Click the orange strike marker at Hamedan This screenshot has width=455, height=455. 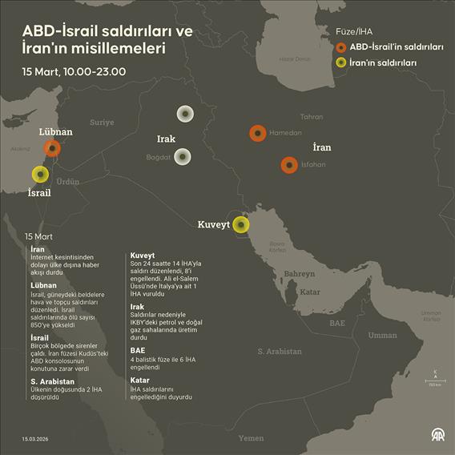coord(257,133)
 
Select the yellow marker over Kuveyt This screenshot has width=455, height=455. coord(240,224)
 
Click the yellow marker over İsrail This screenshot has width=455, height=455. coord(39,174)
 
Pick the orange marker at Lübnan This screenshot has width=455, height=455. coord(52,147)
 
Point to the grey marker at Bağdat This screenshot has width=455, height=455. coord(183,157)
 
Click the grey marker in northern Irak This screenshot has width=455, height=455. coord(185,114)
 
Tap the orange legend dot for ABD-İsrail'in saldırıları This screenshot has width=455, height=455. coord(341,47)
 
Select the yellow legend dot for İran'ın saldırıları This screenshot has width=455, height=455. coord(341,62)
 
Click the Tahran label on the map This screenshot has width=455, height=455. coord(311,116)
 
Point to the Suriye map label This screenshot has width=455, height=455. coord(102,123)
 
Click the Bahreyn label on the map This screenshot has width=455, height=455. coord(300,274)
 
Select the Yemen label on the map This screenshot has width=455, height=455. coord(251,438)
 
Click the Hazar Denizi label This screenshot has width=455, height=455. coord(294,59)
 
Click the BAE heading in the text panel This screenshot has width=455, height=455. coord(138,350)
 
